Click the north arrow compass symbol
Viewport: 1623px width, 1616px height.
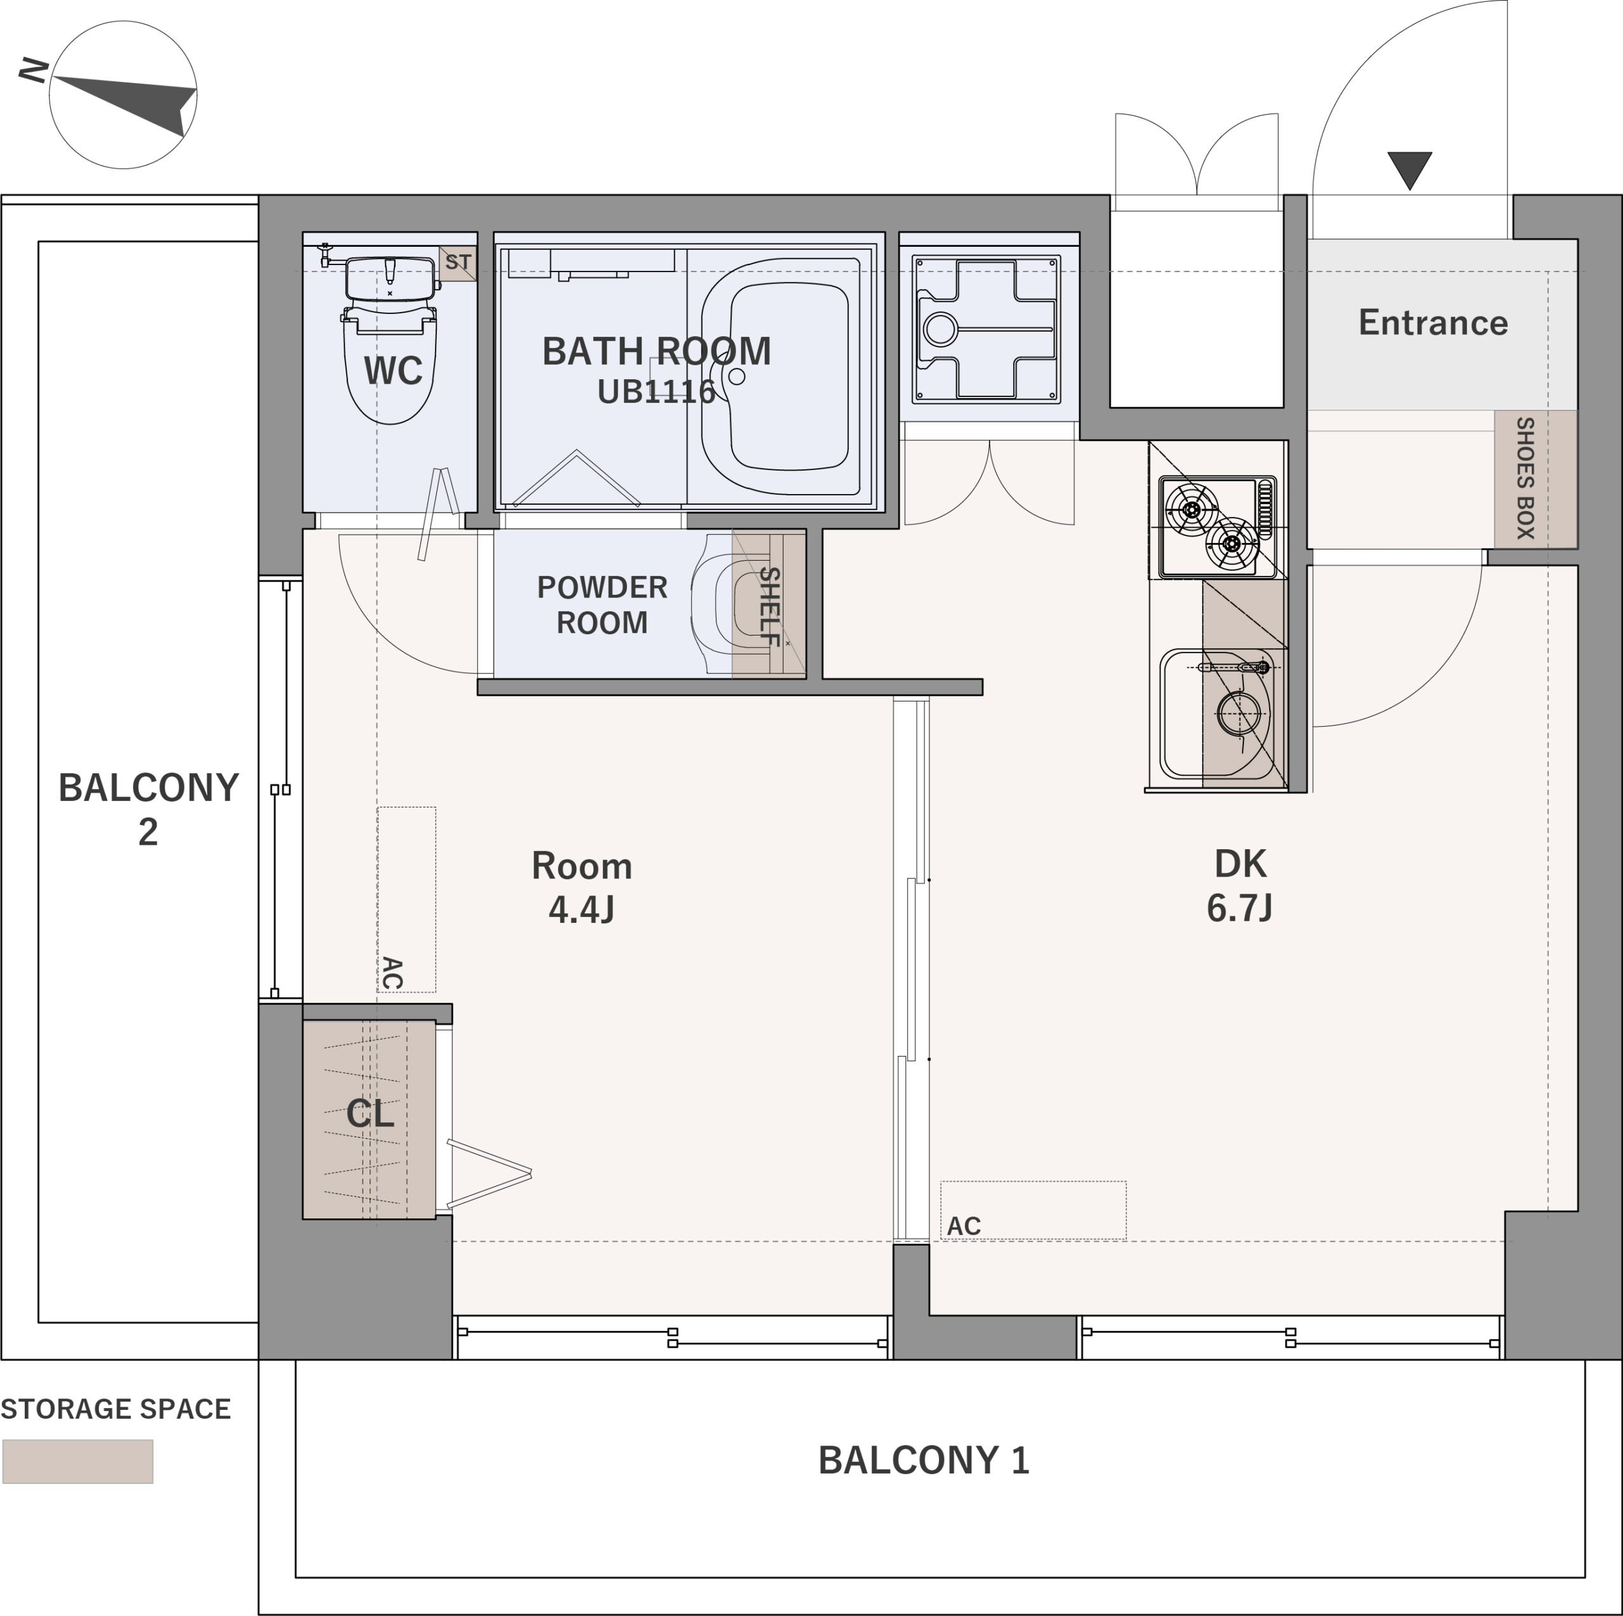click(122, 95)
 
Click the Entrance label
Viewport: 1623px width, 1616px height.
click(1433, 323)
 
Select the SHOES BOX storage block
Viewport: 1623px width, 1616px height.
click(1535, 479)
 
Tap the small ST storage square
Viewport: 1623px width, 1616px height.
click(458, 263)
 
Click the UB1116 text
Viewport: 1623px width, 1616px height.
click(656, 391)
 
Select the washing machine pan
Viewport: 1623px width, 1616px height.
click(986, 329)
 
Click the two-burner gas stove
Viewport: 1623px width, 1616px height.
click(1217, 527)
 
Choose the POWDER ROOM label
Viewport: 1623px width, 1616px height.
click(602, 605)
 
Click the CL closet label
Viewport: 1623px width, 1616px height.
click(370, 1114)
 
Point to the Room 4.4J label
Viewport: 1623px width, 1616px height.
click(581, 887)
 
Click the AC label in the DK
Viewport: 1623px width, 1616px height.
click(964, 1226)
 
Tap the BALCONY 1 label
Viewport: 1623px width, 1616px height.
click(923, 1461)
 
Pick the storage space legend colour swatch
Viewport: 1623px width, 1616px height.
click(78, 1461)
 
